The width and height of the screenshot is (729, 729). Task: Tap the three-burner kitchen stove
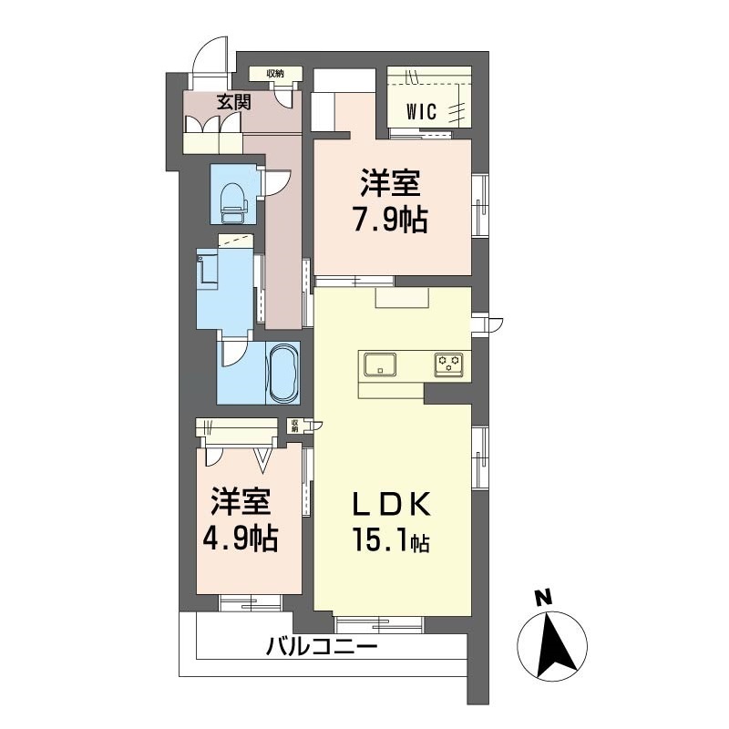coord(447,364)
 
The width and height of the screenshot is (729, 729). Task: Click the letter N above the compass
coord(544,598)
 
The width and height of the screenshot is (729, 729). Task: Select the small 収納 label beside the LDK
coord(294,425)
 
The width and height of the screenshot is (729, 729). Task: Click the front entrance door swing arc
coord(208,55)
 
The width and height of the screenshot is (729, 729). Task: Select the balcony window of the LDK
coord(378,623)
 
